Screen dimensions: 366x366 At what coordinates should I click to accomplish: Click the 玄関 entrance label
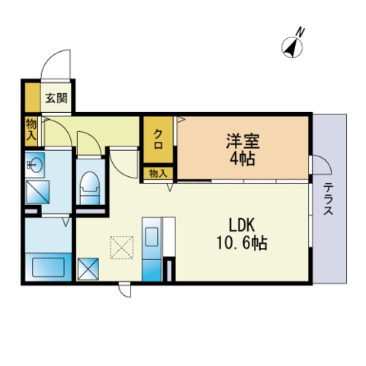click(x=56, y=98)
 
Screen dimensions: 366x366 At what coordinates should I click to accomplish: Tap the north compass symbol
click(x=292, y=47)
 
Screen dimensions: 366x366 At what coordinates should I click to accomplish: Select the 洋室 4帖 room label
click(x=242, y=150)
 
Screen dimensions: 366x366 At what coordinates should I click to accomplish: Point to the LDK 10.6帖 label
click(x=242, y=234)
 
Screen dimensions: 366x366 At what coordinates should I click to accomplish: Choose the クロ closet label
click(x=159, y=140)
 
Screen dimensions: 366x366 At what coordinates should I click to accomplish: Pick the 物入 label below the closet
click(x=158, y=174)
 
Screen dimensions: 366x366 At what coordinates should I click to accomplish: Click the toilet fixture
click(x=89, y=188)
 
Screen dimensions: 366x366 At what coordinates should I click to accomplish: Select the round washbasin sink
click(x=35, y=165)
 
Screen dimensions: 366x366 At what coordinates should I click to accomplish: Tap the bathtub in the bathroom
click(x=48, y=267)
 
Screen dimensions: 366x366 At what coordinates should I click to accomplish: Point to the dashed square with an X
click(x=122, y=248)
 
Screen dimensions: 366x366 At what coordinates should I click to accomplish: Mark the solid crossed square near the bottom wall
click(x=88, y=269)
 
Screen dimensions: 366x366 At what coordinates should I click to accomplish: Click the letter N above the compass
click(x=300, y=32)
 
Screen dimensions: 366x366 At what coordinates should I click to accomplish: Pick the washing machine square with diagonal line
click(x=37, y=192)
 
